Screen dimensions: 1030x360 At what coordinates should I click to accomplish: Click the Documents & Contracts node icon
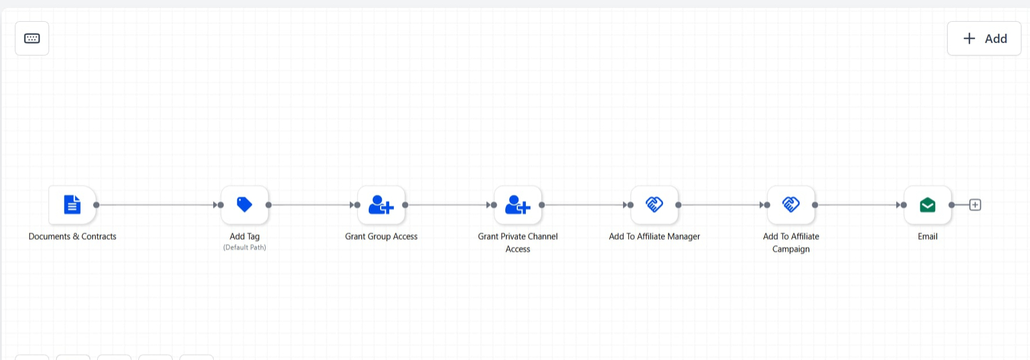click(72, 205)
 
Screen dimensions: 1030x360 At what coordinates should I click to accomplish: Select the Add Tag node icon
click(245, 204)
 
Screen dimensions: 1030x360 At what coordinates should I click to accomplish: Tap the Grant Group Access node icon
click(381, 205)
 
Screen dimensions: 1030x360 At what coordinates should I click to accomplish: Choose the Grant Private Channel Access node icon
click(518, 205)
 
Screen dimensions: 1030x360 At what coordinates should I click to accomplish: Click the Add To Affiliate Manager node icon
click(654, 204)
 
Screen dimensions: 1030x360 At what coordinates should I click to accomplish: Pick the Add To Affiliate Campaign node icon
click(791, 204)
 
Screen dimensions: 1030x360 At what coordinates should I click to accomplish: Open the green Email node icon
click(928, 205)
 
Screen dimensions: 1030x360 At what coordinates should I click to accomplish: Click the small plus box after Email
click(975, 205)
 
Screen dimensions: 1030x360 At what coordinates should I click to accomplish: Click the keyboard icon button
click(32, 38)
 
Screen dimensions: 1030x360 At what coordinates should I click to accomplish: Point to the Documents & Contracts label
click(73, 237)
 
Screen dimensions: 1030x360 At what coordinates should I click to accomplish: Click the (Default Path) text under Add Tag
click(245, 247)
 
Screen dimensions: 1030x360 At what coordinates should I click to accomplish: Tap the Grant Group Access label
click(381, 237)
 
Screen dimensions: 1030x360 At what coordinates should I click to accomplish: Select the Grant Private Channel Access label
click(518, 243)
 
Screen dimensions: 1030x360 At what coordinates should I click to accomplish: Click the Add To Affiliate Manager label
click(654, 237)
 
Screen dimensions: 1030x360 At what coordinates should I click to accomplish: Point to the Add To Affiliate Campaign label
click(791, 243)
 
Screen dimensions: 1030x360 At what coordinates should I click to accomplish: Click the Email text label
click(928, 237)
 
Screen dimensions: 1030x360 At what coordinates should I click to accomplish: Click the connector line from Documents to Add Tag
click(156, 205)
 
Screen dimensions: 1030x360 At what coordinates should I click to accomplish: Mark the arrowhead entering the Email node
click(899, 205)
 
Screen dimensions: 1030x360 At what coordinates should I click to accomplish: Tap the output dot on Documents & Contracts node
click(96, 205)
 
